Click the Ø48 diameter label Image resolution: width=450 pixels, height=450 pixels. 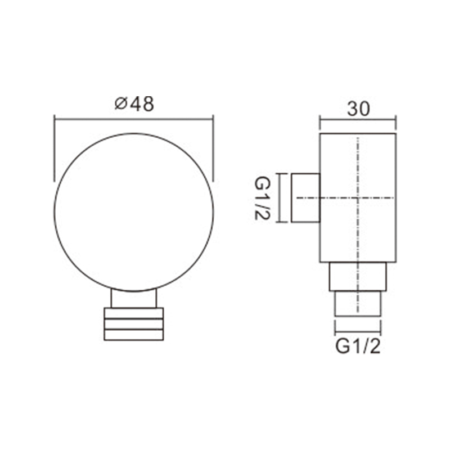tap(134, 104)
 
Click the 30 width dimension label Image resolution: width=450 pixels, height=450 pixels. tap(358, 109)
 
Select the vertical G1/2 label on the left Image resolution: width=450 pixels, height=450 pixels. tap(262, 198)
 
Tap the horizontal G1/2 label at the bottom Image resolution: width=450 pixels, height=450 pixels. tap(358, 346)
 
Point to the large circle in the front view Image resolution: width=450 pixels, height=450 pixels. tap(54, 213)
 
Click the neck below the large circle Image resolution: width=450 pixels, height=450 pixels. tap(134, 299)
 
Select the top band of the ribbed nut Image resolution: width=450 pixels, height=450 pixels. tap(134, 313)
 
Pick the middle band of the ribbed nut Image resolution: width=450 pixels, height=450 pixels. tap(134, 324)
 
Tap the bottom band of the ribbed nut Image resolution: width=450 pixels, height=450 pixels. tap(134, 335)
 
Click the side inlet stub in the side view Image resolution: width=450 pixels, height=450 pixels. tap(305, 198)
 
